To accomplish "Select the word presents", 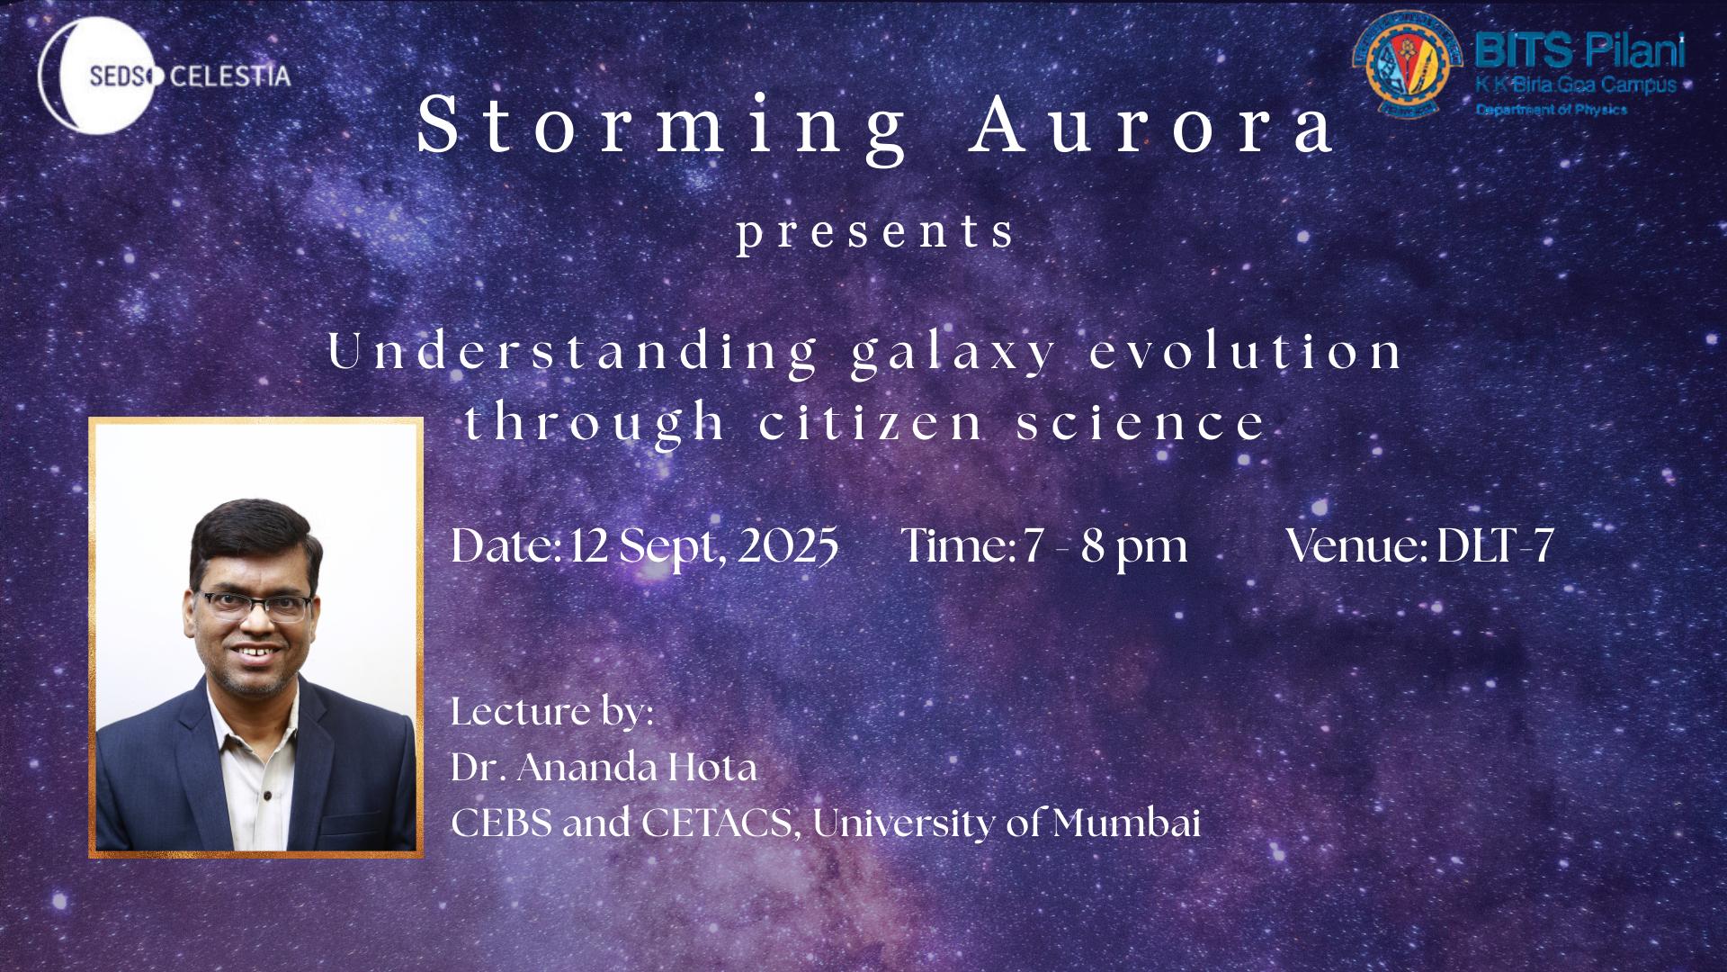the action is point(875,233).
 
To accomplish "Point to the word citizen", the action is point(871,422).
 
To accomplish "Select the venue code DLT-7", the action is point(1496,544).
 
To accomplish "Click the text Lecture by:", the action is point(552,711).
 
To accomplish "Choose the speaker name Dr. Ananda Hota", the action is point(604,767).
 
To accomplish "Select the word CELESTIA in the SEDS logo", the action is point(230,76).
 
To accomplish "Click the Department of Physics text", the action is point(1551,109).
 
